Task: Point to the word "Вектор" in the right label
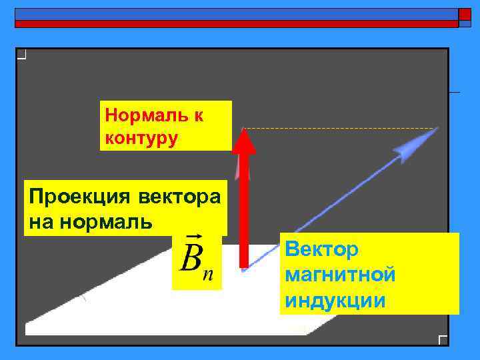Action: (321, 250)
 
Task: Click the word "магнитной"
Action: (340, 275)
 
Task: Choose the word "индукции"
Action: (335, 300)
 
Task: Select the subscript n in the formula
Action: (208, 275)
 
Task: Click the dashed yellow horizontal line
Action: (340, 128)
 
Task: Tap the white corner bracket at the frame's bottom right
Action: (443, 339)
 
